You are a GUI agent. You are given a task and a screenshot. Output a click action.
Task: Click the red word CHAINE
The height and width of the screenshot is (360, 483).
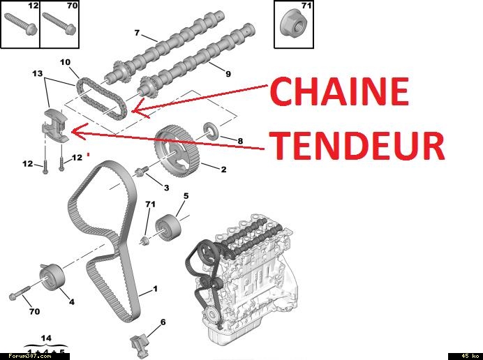pos(340,91)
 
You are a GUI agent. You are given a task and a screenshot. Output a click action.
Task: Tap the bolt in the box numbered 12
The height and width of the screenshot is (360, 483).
pos(21,24)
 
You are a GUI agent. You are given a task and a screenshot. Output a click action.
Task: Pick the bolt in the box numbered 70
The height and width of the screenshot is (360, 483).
pos(59,24)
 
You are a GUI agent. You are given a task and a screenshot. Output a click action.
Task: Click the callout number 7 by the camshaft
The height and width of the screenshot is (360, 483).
pos(137,33)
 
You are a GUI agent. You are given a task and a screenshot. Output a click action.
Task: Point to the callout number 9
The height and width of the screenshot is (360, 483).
pos(228,74)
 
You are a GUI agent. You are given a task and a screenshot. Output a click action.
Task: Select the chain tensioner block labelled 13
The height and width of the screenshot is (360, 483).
pos(54,126)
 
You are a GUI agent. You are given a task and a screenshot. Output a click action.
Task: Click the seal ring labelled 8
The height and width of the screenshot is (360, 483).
pos(211,130)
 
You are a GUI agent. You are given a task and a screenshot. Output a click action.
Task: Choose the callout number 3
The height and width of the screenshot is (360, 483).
pos(166,188)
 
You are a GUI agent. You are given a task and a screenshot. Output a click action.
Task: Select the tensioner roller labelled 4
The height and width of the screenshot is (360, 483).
pos(52,277)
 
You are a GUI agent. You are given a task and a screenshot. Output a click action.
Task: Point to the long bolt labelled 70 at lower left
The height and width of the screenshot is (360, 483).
pos(20,292)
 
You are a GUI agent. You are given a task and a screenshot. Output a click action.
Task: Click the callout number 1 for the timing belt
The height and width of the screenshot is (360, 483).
pos(155,289)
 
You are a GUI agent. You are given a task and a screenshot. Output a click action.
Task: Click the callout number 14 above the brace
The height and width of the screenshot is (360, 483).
pos(46,338)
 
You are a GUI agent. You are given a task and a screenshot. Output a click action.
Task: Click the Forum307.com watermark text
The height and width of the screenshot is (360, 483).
pos(30,356)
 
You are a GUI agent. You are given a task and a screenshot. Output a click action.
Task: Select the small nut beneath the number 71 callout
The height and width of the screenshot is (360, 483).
pos(144,241)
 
